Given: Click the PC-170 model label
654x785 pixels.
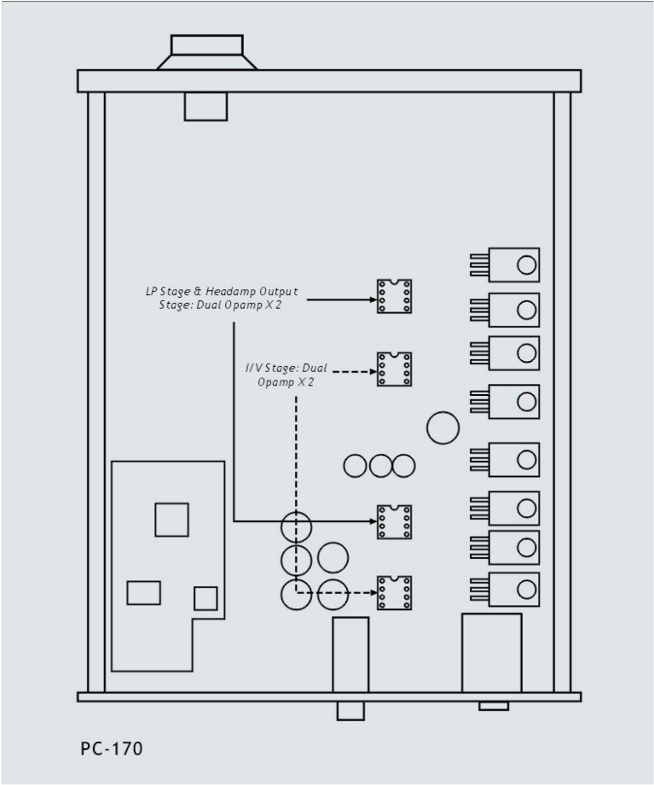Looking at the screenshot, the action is [112, 748].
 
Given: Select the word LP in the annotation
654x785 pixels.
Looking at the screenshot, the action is [151, 291].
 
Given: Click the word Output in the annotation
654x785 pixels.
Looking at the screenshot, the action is [278, 291].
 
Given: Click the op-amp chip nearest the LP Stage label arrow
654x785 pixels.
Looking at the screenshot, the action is [394, 296].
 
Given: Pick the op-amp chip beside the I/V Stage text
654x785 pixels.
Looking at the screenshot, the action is [394, 369].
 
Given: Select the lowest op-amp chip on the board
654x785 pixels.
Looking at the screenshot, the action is [394, 593].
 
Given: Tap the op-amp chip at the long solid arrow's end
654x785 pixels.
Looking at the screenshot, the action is [394, 521].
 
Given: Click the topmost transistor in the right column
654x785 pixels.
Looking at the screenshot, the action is [505, 265].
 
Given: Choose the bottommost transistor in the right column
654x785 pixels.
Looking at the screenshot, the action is [505, 590].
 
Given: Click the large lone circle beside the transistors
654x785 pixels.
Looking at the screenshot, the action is [443, 427].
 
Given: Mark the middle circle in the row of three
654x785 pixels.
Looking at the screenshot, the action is [380, 466].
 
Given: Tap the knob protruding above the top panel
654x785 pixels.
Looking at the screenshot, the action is [207, 52].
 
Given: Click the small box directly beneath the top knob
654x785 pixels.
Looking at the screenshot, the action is [205, 106].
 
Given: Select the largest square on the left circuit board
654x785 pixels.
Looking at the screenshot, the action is [171, 520].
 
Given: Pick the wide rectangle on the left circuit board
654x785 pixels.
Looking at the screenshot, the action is [143, 593].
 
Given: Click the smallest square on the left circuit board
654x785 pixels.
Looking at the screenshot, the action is [205, 598].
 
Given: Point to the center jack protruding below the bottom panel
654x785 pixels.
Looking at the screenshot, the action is [350, 711].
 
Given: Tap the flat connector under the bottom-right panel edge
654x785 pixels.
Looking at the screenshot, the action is [494, 706].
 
